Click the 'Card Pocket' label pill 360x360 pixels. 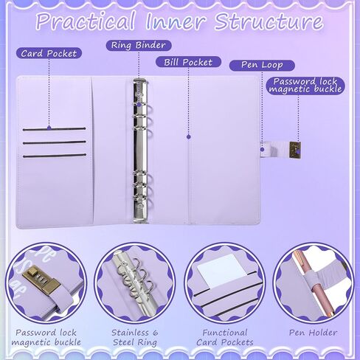49,53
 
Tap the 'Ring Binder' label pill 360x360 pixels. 139,45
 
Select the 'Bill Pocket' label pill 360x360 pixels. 188,62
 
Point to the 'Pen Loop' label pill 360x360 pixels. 262,65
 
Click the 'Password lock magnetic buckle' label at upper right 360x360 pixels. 305,85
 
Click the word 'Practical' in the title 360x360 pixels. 86,21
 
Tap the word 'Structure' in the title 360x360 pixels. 269,21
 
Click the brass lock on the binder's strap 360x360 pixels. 295,150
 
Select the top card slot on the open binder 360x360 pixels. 55,129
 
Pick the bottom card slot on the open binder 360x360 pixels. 55,156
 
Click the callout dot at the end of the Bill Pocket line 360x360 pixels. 189,136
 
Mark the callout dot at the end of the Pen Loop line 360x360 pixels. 262,149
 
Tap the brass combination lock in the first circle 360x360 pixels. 41,280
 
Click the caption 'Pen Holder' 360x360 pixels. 313,333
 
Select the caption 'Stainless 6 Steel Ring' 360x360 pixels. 135,337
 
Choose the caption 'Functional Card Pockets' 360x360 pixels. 225,337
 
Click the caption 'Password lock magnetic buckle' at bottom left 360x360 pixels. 46,337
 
